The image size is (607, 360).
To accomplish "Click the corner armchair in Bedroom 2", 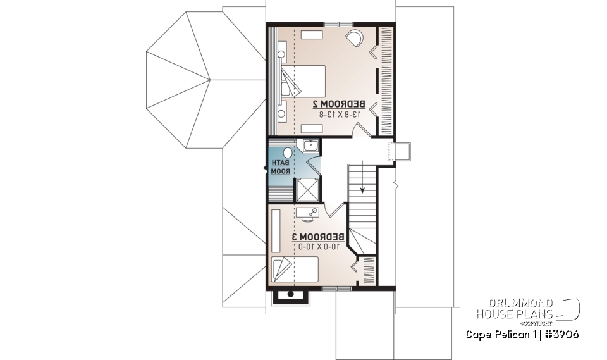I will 354,39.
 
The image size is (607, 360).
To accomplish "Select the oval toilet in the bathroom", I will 287,152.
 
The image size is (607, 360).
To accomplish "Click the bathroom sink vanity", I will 310,146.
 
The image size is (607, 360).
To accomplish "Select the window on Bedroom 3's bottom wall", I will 337,289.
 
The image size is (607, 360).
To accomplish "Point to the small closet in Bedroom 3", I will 366,270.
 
